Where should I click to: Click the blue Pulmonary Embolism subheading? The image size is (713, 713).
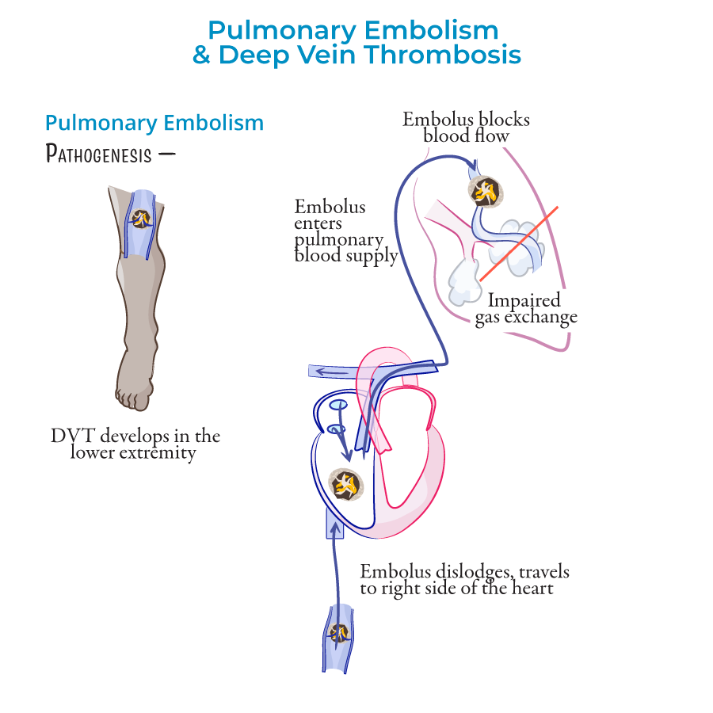pos(154,123)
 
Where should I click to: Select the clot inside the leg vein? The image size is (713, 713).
pos(142,219)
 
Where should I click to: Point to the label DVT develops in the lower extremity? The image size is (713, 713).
pos(135,444)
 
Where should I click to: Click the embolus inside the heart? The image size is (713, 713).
pos(345,484)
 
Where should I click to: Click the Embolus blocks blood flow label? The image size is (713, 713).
pos(466,127)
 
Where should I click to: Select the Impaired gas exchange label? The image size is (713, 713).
pos(526,309)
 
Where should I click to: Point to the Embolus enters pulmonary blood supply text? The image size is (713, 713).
pos(346,231)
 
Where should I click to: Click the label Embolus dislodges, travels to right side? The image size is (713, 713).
pos(464,580)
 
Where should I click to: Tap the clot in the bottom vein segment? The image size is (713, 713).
pos(338,633)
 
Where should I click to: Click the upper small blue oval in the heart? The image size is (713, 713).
pos(337,406)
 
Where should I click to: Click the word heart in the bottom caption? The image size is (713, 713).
pos(531,589)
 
